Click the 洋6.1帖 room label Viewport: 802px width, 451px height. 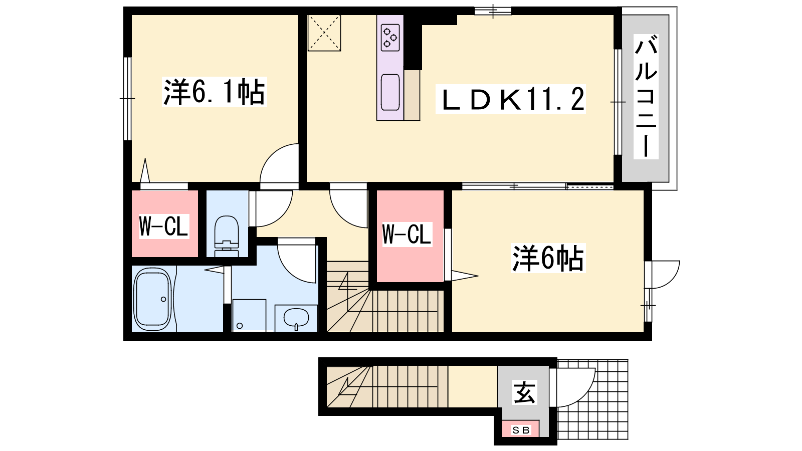pyautogui.click(x=214, y=92)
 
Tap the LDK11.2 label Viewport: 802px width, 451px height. pyautogui.click(x=511, y=99)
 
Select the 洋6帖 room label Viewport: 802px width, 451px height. pyautogui.click(x=548, y=258)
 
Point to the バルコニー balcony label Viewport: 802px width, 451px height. pyautogui.click(x=646, y=97)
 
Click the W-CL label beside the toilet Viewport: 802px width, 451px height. pyautogui.click(x=163, y=226)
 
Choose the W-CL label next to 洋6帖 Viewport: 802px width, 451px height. pyautogui.click(x=407, y=234)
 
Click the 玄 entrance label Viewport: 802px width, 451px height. pyautogui.click(x=524, y=393)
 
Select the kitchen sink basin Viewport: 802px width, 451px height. pyautogui.click(x=390, y=92)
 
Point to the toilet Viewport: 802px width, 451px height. pyautogui.click(x=226, y=236)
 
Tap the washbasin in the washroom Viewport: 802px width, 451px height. pyautogui.click(x=296, y=318)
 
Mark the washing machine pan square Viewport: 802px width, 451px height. pyautogui.click(x=249, y=315)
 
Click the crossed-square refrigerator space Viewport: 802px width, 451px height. pyautogui.click(x=324, y=33)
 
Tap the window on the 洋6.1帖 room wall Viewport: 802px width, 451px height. pyautogui.click(x=127, y=98)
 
